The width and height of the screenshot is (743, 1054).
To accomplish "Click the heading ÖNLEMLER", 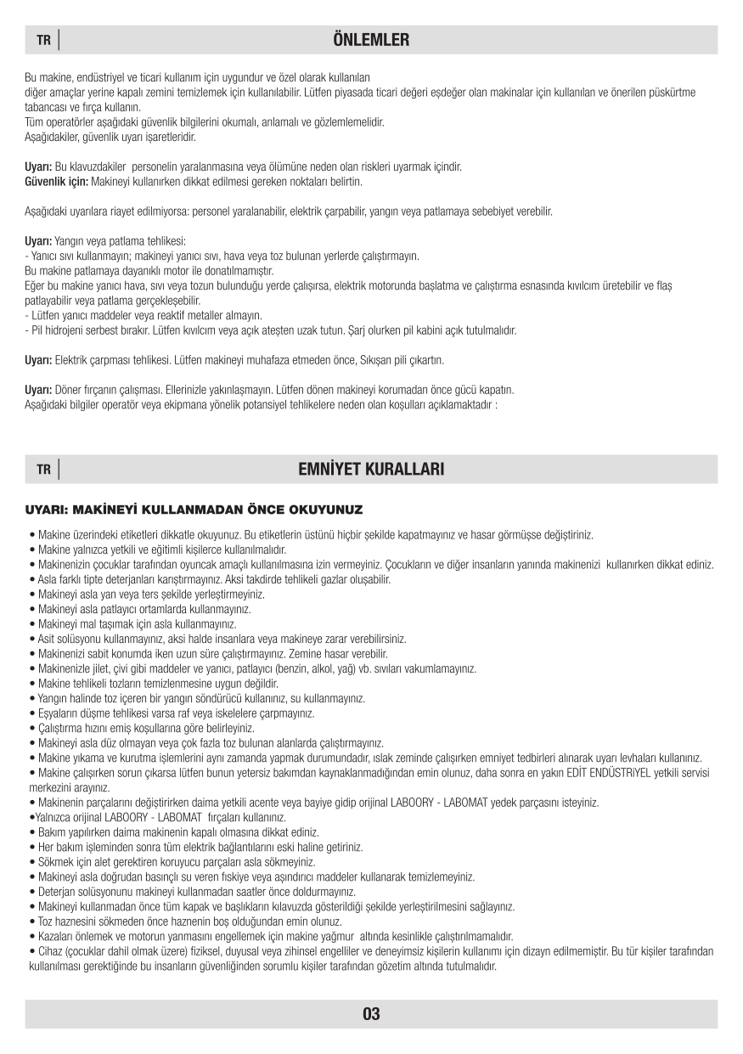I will pyautogui.click(x=371, y=40).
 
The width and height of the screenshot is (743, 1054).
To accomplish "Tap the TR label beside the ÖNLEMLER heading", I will pyautogui.click(x=43, y=41).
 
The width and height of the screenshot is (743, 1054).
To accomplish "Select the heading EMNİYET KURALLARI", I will pyautogui.click(x=371, y=469).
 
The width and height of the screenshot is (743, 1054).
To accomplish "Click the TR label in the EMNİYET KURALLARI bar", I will pyautogui.click(x=43, y=470).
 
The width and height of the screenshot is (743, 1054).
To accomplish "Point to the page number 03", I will pyautogui.click(x=371, y=1013).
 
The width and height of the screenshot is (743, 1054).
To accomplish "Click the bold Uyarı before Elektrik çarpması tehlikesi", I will pyautogui.click(x=38, y=360).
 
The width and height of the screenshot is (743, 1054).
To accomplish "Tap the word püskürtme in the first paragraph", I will pyautogui.click(x=673, y=92).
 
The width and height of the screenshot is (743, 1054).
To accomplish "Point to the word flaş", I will pyautogui.click(x=664, y=285).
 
